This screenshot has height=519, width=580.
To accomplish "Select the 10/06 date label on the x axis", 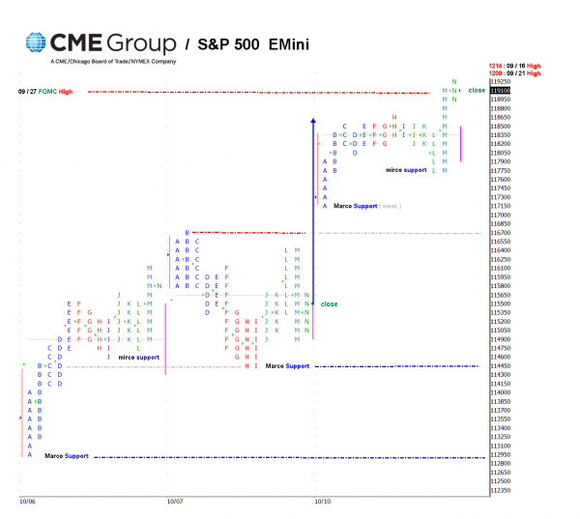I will point(27,502).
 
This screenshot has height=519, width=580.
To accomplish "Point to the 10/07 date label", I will point(175,502).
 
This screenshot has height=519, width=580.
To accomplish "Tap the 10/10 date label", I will point(322,502).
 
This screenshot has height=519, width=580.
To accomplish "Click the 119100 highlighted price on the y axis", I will point(500,91).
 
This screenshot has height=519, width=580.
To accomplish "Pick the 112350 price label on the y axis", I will point(500,490).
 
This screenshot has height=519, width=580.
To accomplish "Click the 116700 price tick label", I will point(500,233).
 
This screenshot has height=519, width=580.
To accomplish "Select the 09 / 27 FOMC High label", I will point(45,91).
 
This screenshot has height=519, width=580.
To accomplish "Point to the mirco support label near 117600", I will point(406,170).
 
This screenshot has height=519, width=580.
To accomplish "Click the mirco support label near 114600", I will point(139,358).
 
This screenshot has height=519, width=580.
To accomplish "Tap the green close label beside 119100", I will point(477,90).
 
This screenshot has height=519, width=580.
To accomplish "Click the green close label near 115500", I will point(330,303).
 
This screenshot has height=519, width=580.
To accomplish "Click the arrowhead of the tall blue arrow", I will point(313,121).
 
